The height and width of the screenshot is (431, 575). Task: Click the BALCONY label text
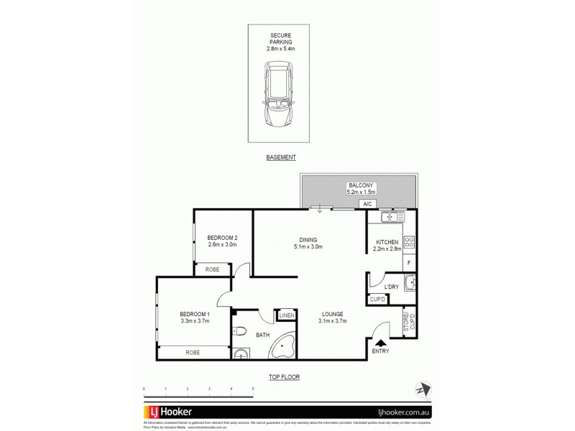tap(359, 185)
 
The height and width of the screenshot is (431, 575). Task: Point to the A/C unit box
tap(367, 205)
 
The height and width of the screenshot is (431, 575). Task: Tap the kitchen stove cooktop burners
tap(409, 244)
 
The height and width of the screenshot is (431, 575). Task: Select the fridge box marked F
tap(409, 263)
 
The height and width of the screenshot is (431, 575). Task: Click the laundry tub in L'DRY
tap(410, 286)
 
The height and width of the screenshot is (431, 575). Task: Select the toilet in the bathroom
tap(240, 331)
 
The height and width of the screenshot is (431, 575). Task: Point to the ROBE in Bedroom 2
tap(212, 269)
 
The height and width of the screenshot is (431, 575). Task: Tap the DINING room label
tap(309, 240)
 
